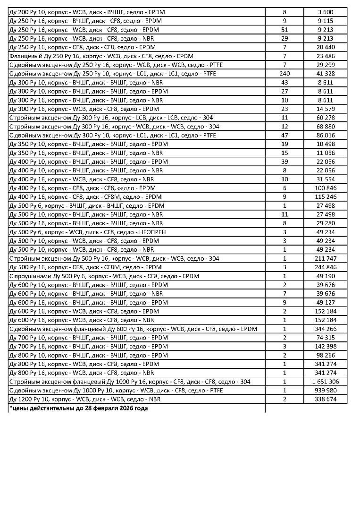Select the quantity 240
click(285, 74)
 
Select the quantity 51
click(285, 29)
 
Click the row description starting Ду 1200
click(85, 399)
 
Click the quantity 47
click(285, 135)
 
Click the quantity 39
click(285, 161)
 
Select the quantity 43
click(285, 82)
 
